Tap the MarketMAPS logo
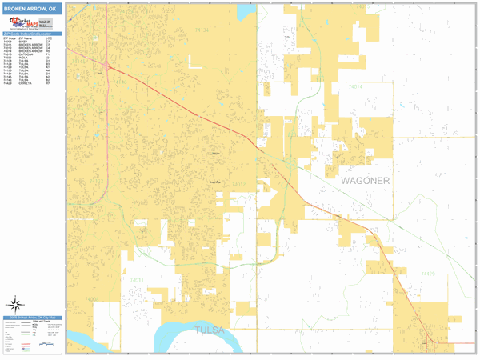point(31,23)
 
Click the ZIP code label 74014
point(354,86)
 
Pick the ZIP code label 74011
point(138,280)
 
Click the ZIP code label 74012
point(238,185)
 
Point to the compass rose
point(15,304)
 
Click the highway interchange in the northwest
point(107,65)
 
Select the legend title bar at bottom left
point(31,318)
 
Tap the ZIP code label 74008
point(92,298)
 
